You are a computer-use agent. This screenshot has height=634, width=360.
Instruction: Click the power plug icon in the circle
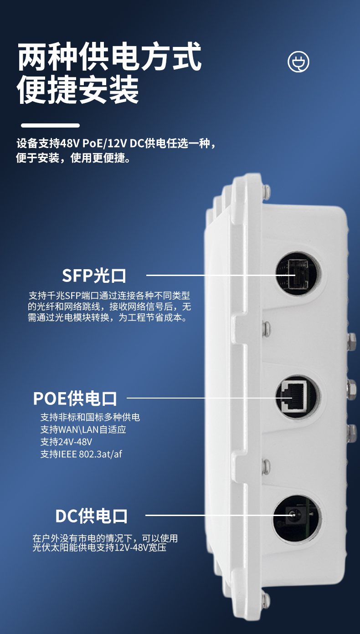[298, 61]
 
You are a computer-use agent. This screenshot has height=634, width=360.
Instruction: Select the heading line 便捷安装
[78, 89]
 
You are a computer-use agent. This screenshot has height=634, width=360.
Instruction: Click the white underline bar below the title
[51, 125]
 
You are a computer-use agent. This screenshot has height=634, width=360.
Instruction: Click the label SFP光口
[94, 276]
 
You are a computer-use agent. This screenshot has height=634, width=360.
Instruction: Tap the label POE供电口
[75, 399]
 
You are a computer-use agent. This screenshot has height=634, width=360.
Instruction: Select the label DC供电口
[91, 516]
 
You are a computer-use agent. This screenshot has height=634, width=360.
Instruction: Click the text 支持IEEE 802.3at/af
[81, 454]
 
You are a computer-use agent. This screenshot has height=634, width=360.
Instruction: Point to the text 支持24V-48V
[66, 442]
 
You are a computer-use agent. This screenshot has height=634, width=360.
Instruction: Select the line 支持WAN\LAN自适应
[83, 429]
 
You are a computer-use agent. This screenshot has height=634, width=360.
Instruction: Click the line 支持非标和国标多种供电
[90, 417]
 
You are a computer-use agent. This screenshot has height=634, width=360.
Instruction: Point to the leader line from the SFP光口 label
[221, 275]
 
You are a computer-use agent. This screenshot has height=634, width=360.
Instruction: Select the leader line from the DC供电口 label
[220, 515]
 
